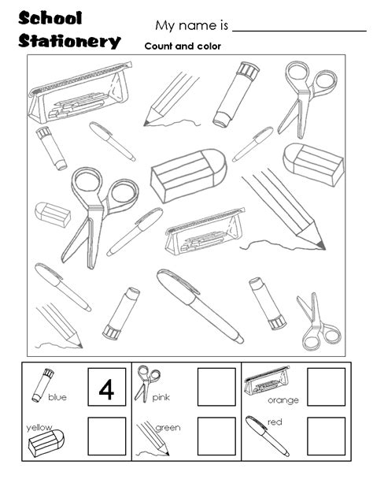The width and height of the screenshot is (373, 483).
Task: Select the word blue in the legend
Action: [x=57, y=398]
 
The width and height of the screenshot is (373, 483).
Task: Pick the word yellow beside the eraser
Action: [x=37, y=426]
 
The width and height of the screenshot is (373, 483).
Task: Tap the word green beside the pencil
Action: [x=168, y=429]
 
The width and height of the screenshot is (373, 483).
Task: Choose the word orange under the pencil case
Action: [x=283, y=401]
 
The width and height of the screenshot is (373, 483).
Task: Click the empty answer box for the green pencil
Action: [x=216, y=437]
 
